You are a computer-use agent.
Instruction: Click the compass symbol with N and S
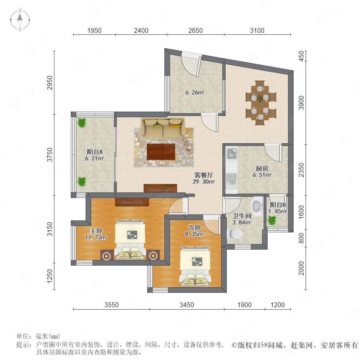[x=20, y=20]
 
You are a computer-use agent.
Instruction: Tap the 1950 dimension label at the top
[x=94, y=30]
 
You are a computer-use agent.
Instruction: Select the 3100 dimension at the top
[x=257, y=30]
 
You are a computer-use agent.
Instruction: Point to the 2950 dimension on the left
[x=50, y=83]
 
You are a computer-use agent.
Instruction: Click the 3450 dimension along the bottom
[x=187, y=305]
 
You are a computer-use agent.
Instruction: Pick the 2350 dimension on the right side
[x=301, y=170]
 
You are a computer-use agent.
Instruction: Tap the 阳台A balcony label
[x=94, y=152]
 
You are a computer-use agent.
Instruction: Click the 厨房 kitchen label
[x=262, y=168]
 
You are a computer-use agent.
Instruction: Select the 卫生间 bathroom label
[x=242, y=216]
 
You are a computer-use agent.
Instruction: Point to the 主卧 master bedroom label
[x=96, y=231]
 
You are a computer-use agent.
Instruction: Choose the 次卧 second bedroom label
[x=194, y=228]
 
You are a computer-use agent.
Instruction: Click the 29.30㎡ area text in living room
[x=204, y=182]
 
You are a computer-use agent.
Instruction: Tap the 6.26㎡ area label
[x=195, y=92]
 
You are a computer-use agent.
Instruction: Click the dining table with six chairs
[x=260, y=103]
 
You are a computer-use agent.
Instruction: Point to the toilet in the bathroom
[x=234, y=234]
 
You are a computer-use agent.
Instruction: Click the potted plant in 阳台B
[x=272, y=221]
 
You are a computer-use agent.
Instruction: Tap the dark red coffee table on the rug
[x=161, y=152]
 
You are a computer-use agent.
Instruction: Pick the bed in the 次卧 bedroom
[x=195, y=266]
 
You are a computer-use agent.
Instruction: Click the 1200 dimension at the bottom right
[x=278, y=305]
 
